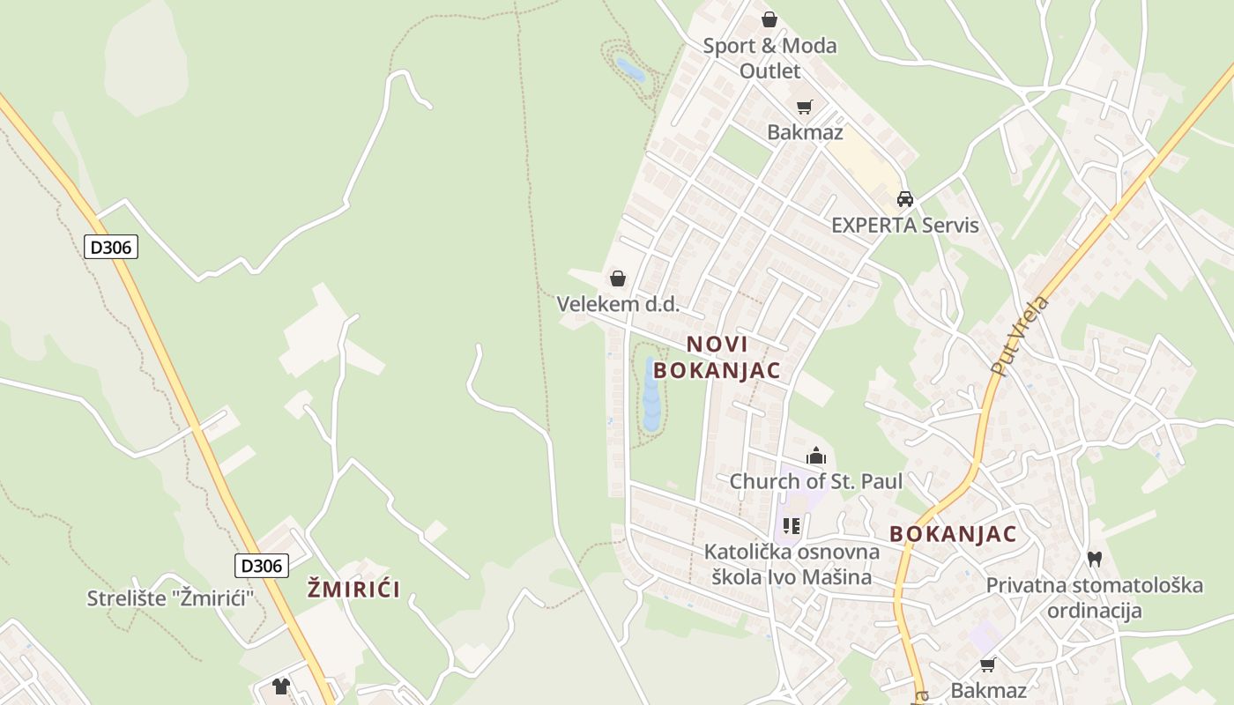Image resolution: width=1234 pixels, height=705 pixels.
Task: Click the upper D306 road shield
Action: click(x=111, y=247)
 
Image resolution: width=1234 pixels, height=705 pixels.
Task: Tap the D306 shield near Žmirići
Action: click(x=262, y=565)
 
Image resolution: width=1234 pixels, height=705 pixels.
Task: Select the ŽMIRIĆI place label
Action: click(x=353, y=590)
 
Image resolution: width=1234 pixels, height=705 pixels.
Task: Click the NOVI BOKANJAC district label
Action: click(x=717, y=357)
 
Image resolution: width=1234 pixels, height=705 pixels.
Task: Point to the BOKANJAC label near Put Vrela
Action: click(x=953, y=534)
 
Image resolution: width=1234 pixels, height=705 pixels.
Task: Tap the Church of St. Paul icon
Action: click(x=816, y=456)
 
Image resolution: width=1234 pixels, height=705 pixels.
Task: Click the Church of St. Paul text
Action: click(x=816, y=481)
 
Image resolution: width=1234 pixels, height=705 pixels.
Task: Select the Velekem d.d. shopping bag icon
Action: click(x=618, y=278)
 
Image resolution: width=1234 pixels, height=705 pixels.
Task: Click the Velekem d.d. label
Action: click(x=618, y=304)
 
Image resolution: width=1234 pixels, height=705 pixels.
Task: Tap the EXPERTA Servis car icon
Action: click(x=905, y=199)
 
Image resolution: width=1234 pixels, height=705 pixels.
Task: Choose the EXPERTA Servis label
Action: click(x=905, y=225)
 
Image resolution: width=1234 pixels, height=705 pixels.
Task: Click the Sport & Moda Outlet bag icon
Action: click(x=769, y=19)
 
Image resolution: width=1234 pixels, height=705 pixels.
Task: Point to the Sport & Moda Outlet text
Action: click(x=769, y=58)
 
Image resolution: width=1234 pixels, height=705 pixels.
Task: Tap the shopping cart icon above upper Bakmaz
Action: click(x=804, y=108)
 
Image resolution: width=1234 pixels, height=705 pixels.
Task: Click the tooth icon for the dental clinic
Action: click(x=1095, y=558)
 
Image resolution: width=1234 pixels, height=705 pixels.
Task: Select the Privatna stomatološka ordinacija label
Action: click(x=1095, y=597)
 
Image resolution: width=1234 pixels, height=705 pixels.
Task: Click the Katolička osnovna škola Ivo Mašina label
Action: click(x=792, y=565)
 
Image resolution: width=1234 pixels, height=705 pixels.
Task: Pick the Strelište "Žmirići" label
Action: click(x=171, y=598)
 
